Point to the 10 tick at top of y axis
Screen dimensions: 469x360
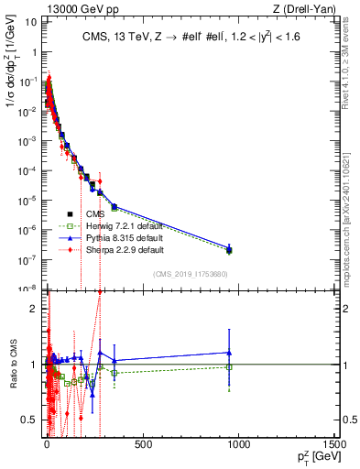(x=30, y=19)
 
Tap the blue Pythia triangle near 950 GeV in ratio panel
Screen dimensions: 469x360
(x=229, y=353)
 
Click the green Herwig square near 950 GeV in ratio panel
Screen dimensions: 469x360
(x=229, y=367)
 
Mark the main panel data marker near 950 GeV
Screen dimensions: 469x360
(x=229, y=249)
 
